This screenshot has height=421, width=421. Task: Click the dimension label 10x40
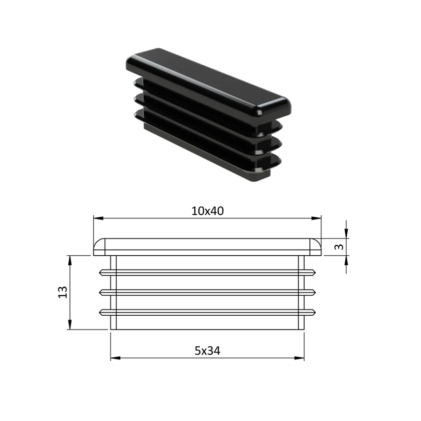[207, 211]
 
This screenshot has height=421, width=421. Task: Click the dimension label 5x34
[207, 351]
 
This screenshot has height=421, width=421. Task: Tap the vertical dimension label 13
[63, 293]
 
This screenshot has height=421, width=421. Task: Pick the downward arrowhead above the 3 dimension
[346, 233]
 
